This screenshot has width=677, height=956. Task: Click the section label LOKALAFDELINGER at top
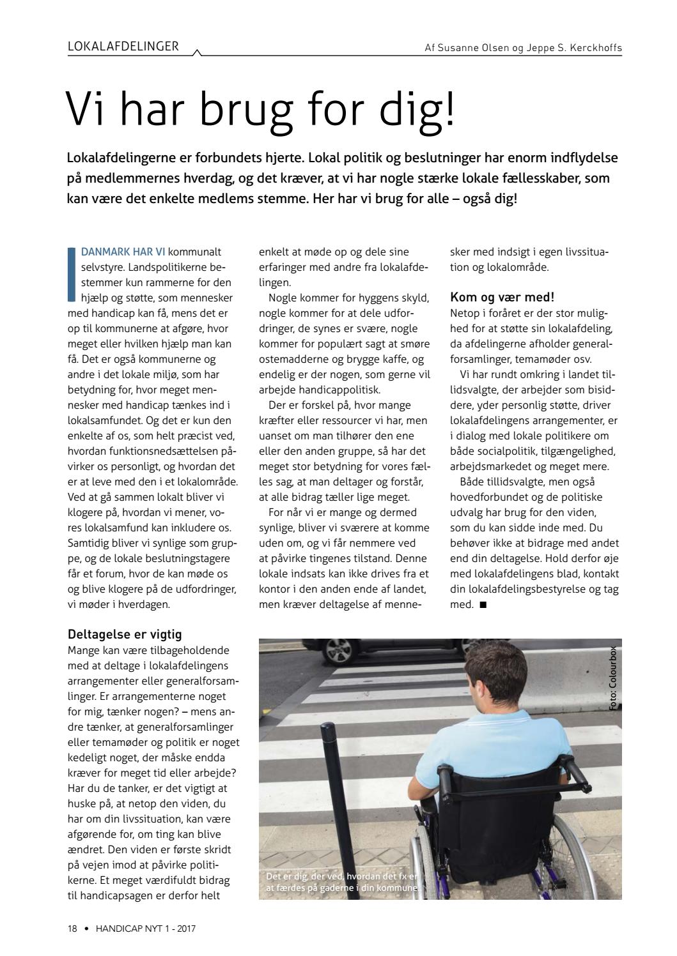pyautogui.click(x=123, y=47)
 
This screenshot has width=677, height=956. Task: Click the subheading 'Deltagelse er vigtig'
pyautogui.click(x=125, y=634)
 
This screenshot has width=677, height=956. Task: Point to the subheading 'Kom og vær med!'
pyautogui.click(x=502, y=297)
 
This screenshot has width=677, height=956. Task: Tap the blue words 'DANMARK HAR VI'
pyautogui.click(x=123, y=252)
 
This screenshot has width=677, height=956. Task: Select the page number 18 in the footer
pyautogui.click(x=72, y=929)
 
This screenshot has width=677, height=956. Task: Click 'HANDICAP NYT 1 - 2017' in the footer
pyautogui.click(x=146, y=929)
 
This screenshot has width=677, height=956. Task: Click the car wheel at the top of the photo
pyautogui.click(x=339, y=651)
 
